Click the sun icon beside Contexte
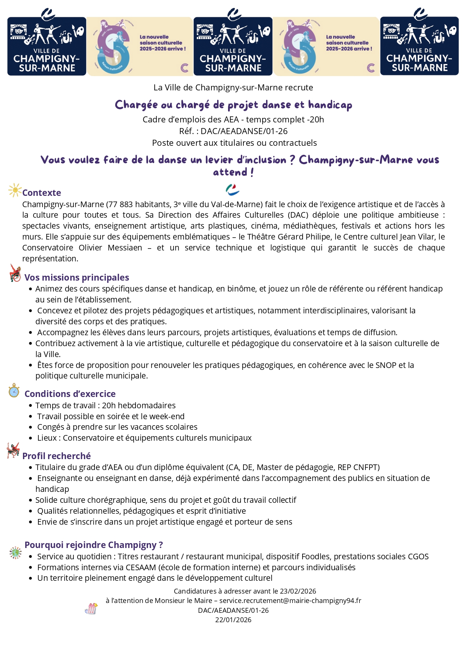tap(15, 190)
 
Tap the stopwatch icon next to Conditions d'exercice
tap(14, 391)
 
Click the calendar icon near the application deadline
tap(91, 609)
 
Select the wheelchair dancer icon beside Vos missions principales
tap(15, 273)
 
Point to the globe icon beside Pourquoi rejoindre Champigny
tap(15, 553)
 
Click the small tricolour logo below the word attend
tap(233, 190)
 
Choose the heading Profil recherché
tap(56, 456)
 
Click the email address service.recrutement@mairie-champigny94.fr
tap(290, 601)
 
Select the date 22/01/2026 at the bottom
tap(233, 620)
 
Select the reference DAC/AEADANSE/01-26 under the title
tap(244, 131)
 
